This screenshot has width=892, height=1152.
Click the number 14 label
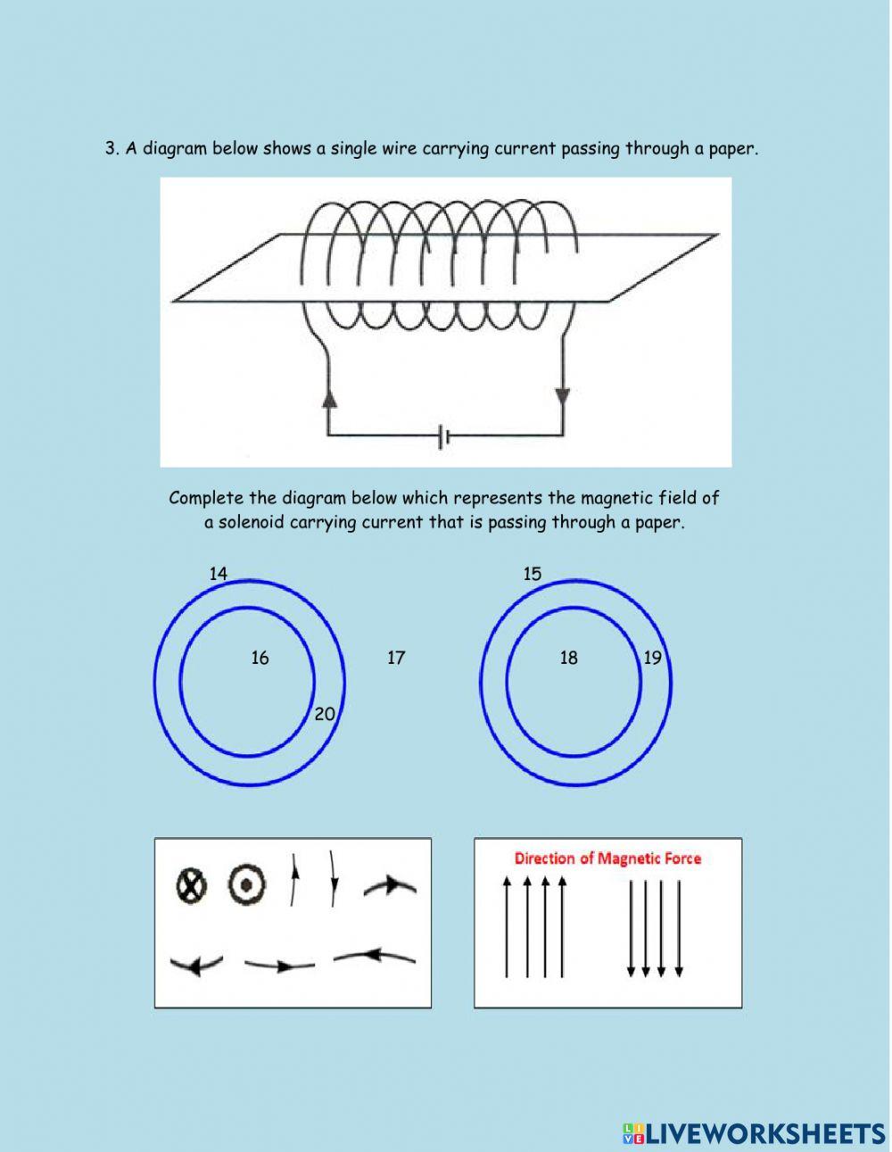[219, 574]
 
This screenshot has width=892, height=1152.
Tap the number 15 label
[533, 574]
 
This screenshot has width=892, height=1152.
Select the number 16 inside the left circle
[260, 658]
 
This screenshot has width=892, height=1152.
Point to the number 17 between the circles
[396, 658]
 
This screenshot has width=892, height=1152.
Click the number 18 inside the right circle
[568, 658]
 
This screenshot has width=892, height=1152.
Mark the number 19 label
[653, 658]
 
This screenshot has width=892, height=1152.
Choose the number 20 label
[325, 714]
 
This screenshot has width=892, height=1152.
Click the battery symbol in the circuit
[444, 436]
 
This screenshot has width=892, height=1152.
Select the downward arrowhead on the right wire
[563, 396]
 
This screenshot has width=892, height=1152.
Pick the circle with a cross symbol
[190, 885]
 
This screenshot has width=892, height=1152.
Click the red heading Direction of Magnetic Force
[607, 858]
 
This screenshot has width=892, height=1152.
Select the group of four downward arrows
[655, 928]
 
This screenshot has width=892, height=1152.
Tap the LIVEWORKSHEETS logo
[754, 1132]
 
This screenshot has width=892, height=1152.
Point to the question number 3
[111, 149]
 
